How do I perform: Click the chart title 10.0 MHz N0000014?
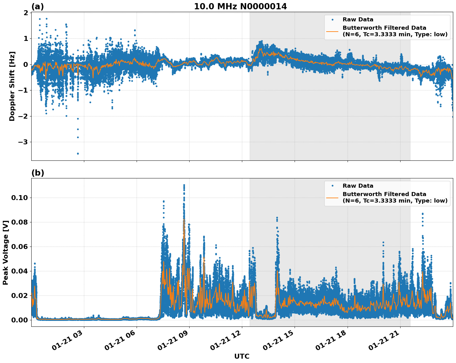tap(240, 6)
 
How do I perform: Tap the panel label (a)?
tap(37, 7)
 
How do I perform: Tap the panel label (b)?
tap(37, 173)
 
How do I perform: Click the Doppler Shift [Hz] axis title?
tap(12, 86)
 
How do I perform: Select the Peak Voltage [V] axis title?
tap(5, 252)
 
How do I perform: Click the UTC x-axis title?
tap(242, 356)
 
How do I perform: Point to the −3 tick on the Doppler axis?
tap(23, 142)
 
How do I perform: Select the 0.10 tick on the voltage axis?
tap(20, 198)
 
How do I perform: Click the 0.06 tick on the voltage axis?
tap(20, 247)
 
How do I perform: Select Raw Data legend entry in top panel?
tap(358, 20)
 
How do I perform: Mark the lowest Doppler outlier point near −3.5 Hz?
tap(78, 154)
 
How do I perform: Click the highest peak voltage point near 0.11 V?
tap(184, 185)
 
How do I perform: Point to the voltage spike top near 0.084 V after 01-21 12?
tap(277, 218)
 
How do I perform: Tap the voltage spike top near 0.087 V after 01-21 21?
tap(423, 214)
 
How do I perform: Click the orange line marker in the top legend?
tap(332, 31)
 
